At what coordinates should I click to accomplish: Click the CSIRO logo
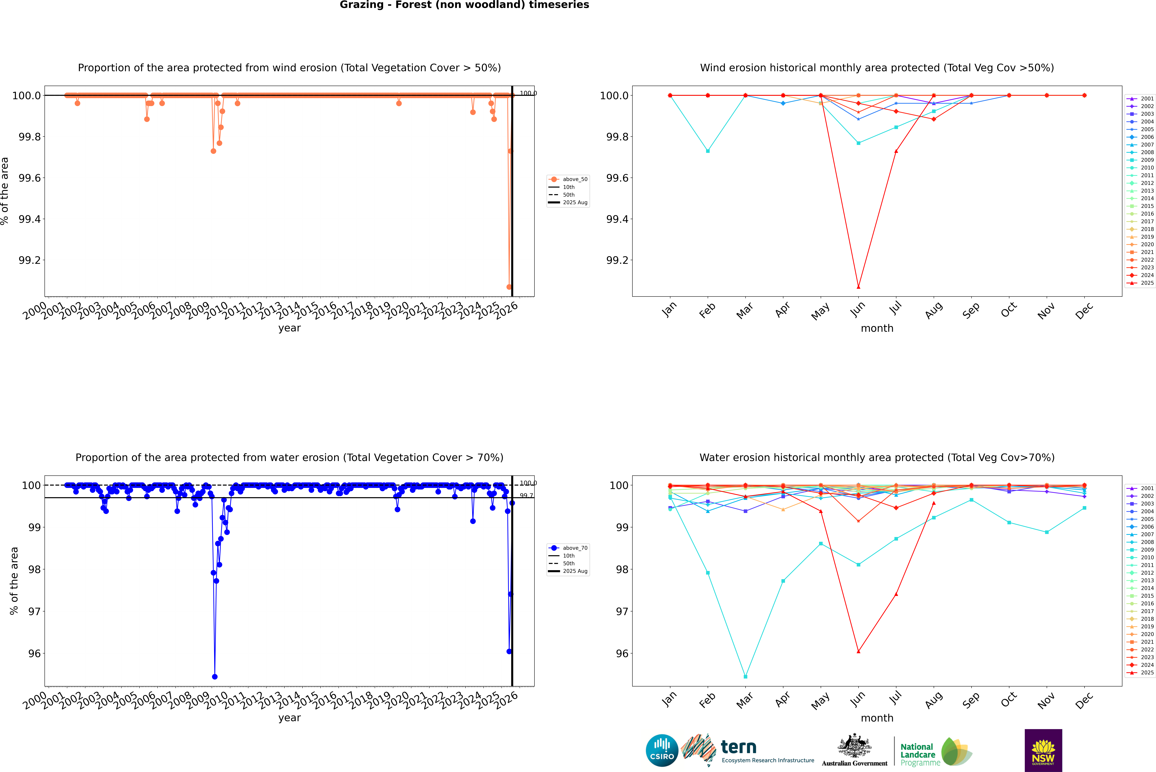(x=662, y=750)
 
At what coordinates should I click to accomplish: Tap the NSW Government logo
(x=1043, y=750)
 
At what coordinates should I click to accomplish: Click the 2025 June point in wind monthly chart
(x=858, y=287)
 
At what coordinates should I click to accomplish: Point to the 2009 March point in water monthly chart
(x=745, y=676)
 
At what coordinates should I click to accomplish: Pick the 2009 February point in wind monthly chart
(x=708, y=151)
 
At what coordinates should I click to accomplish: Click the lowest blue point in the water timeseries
(x=214, y=676)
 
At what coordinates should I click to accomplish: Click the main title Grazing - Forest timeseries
(x=464, y=5)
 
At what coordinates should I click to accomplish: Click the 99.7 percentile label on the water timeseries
(x=526, y=496)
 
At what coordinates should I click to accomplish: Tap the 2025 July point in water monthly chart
(x=896, y=594)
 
